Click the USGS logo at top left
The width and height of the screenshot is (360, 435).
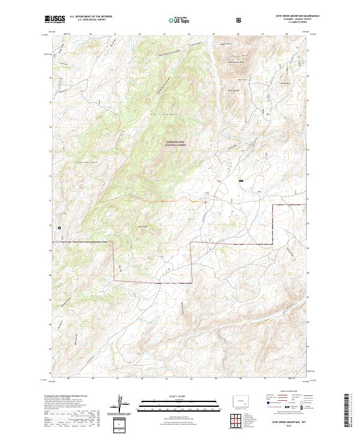point(55,19)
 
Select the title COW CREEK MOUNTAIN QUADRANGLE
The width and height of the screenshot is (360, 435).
point(289,16)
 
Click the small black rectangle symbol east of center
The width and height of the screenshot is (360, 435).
point(241,180)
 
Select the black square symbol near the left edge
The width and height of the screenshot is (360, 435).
point(59,228)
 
